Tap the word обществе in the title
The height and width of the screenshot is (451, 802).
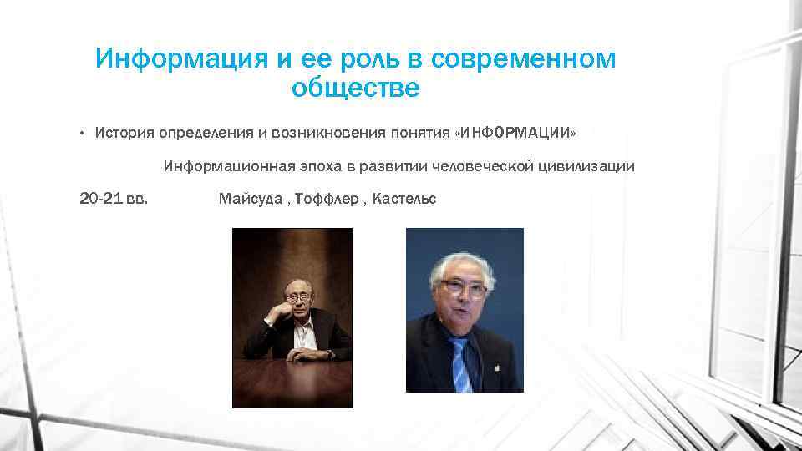point(356,88)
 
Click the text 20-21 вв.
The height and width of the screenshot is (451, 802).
point(114,199)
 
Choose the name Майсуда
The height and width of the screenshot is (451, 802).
point(250,199)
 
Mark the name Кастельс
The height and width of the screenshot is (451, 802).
point(404,199)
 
